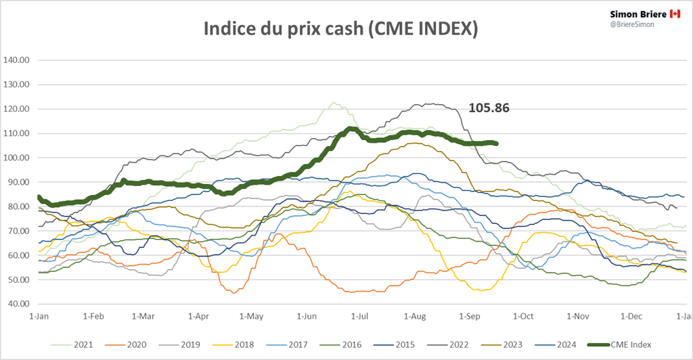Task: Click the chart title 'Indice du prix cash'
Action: click(342, 28)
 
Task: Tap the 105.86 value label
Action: click(489, 108)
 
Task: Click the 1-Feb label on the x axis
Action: click(93, 316)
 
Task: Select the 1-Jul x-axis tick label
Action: click(360, 316)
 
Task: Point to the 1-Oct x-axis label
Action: click(524, 316)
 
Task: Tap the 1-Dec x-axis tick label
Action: click(631, 316)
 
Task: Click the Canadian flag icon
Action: click(675, 14)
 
